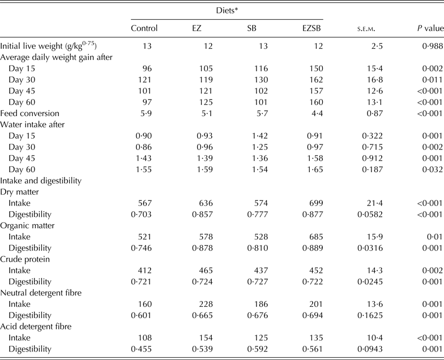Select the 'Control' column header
click(x=144, y=28)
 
